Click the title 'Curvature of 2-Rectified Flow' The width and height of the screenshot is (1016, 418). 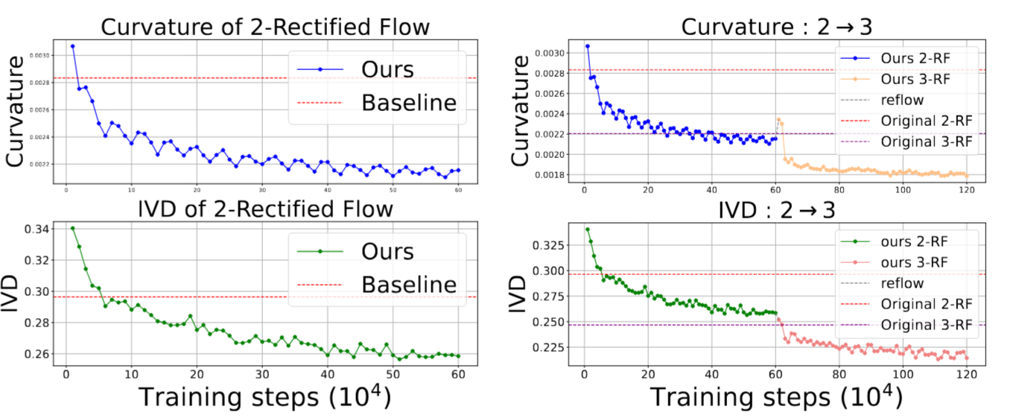click(264, 28)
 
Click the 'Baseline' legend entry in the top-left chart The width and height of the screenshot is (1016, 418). click(409, 102)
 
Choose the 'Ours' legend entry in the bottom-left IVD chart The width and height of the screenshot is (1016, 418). click(387, 251)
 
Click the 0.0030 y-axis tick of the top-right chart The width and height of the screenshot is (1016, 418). click(550, 54)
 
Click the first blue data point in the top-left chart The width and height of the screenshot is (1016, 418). click(72, 46)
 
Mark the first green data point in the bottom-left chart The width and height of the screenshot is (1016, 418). click(72, 228)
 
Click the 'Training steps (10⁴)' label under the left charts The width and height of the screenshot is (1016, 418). click(264, 399)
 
